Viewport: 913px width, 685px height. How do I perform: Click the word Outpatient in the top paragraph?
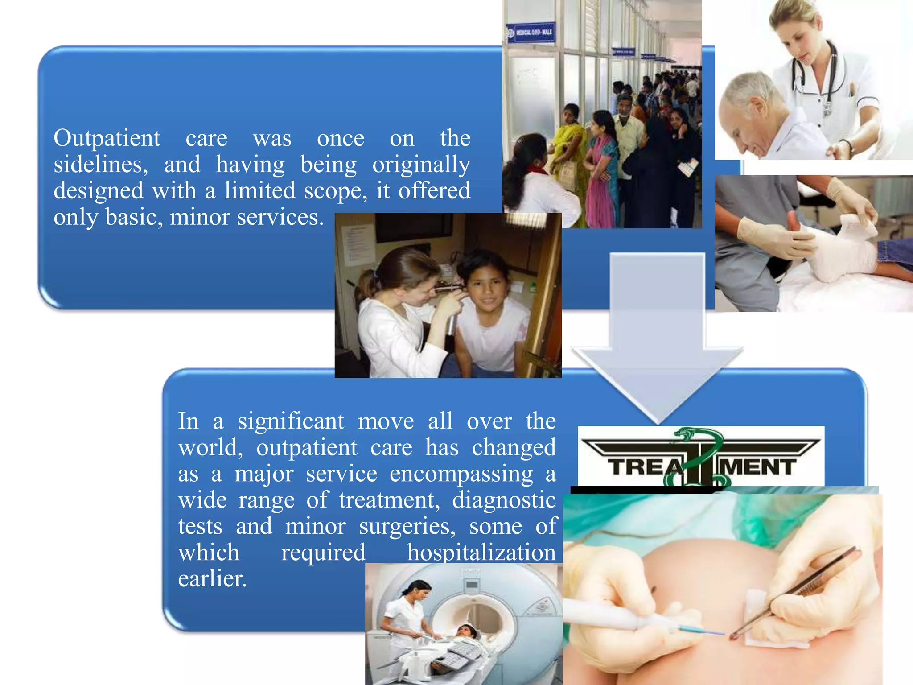coord(107,138)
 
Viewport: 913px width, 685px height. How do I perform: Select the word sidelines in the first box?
coord(100,165)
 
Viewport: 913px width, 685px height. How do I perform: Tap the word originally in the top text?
coord(421,165)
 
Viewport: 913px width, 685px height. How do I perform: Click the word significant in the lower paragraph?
coord(291,421)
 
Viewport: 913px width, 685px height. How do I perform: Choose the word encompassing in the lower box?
coord(461,474)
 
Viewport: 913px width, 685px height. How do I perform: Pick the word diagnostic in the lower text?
coord(504,500)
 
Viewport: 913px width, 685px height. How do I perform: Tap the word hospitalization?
coord(481,553)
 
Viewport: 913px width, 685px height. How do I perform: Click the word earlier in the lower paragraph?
coord(212,579)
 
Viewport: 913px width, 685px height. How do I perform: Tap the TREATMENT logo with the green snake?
coord(701,457)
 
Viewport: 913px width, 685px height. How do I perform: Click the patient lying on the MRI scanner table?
coord(464,633)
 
